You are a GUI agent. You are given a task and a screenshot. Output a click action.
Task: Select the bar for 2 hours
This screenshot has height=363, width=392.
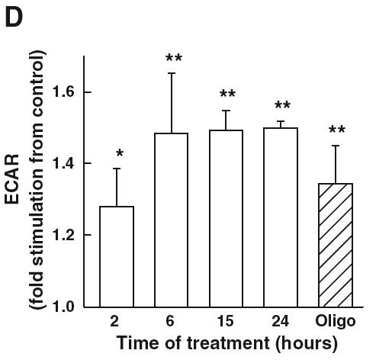tap(117, 256)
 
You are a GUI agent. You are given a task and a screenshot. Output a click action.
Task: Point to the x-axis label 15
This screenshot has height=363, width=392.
tap(227, 323)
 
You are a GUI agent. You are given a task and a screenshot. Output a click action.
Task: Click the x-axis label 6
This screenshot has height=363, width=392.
tap(172, 323)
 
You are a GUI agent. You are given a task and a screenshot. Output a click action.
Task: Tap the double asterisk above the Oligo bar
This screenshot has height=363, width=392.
tap(338, 131)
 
